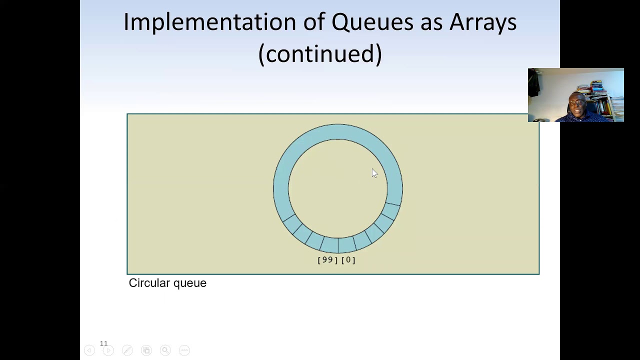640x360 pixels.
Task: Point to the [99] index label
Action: (327, 260)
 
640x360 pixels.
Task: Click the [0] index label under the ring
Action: (348, 260)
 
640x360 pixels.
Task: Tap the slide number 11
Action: (103, 343)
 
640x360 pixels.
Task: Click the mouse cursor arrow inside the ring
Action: (374, 173)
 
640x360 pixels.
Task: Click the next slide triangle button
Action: (108, 350)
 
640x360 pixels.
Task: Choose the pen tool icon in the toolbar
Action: (127, 350)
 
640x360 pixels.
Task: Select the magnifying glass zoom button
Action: (165, 350)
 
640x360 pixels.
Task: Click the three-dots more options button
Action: (184, 350)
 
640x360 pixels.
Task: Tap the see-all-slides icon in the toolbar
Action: (146, 350)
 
